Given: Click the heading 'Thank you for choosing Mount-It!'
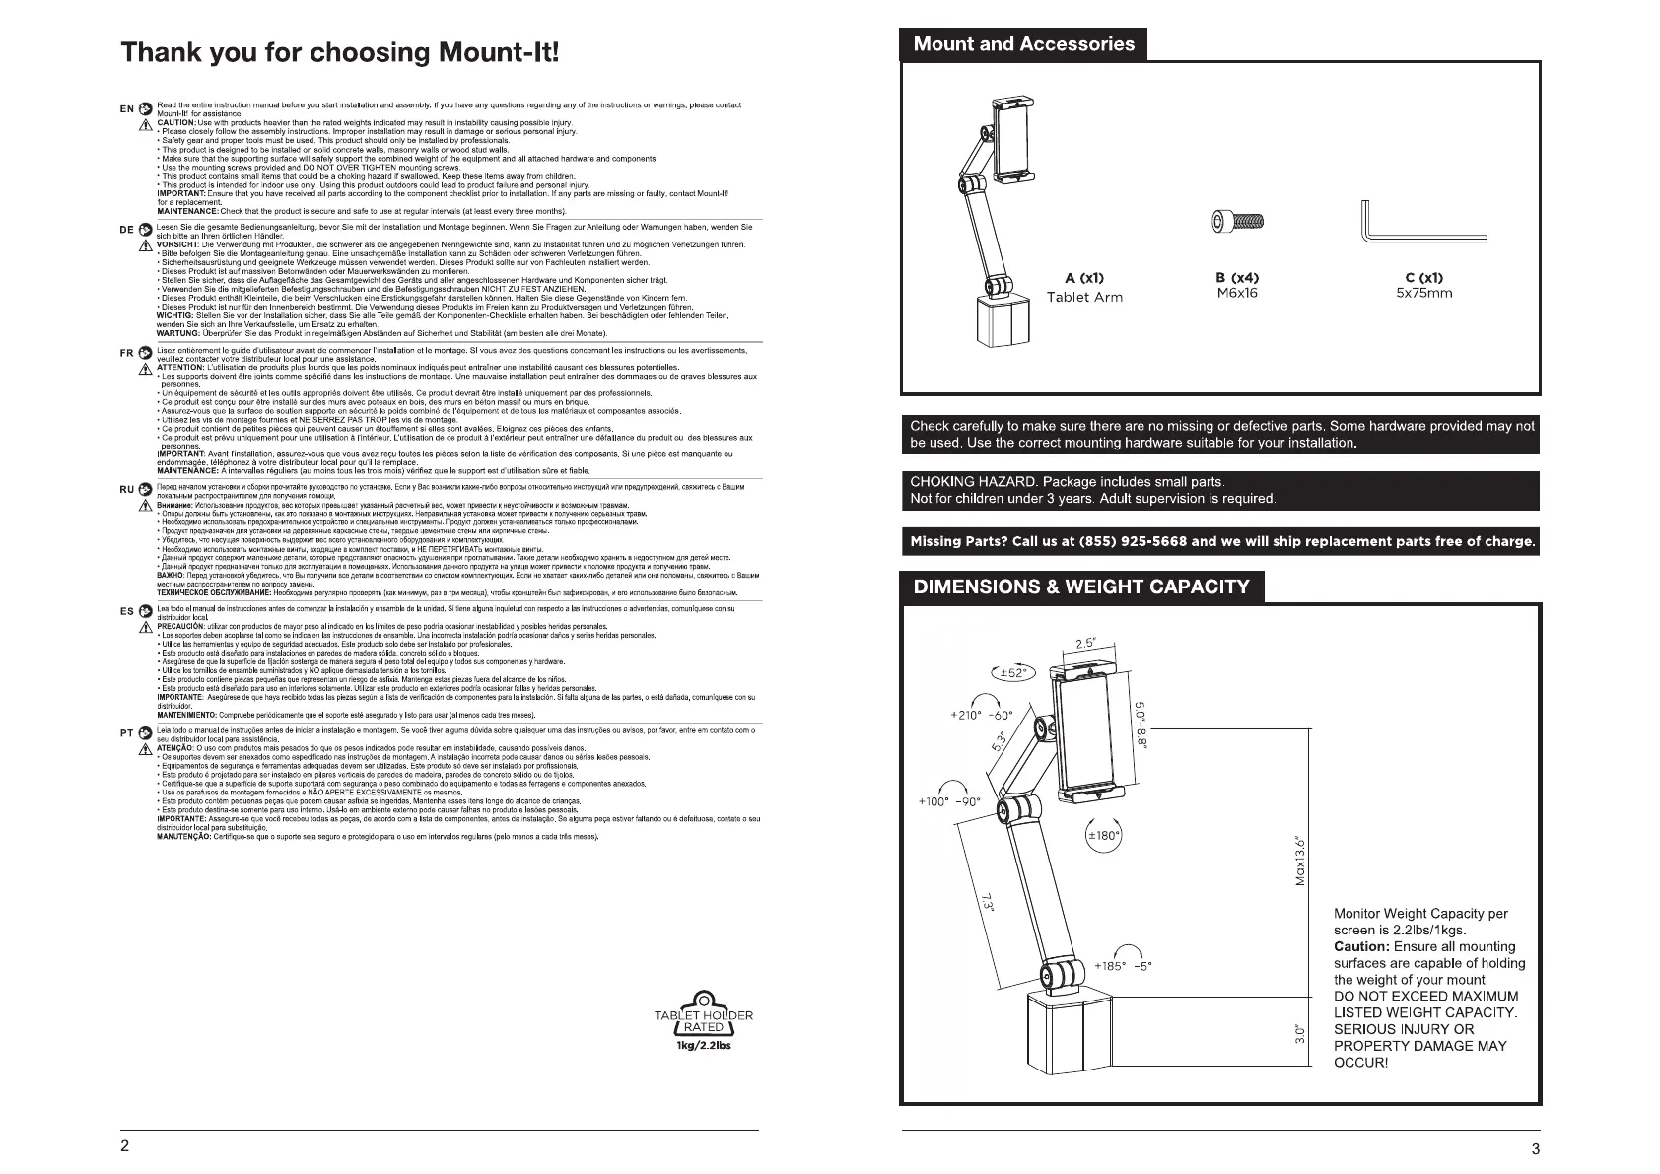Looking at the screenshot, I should (340, 52).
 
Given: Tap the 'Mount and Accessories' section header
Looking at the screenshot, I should (1023, 44).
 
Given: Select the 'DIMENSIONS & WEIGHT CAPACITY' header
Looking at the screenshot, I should (1081, 587).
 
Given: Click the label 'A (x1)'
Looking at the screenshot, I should (1084, 278).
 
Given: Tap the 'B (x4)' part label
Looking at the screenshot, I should (1237, 278).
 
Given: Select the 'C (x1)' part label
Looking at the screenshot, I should (1424, 278).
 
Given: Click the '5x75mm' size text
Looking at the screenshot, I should (1424, 293).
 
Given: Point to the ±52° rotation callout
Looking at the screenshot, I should (1011, 673).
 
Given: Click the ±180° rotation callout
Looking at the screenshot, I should (1103, 836).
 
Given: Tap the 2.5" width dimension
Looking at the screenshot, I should (1086, 644).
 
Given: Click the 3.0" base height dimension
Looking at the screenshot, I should (1300, 1033).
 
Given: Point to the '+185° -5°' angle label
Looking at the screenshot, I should (1123, 966).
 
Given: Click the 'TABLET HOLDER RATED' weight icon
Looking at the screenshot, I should (703, 1021).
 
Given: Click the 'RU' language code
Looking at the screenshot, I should (126, 489).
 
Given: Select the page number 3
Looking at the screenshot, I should (1535, 1148).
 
